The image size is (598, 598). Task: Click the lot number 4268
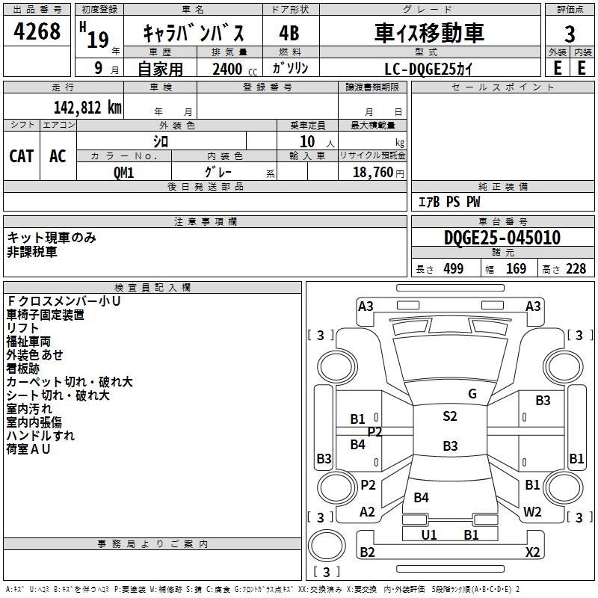point(37,31)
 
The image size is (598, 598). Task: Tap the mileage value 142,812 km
point(87,108)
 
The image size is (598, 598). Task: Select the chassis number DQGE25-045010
point(502,238)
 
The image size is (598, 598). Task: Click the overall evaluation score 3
point(570,34)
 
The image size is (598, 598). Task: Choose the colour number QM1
point(123,173)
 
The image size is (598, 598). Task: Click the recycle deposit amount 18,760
point(372,173)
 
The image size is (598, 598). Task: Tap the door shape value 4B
point(289,33)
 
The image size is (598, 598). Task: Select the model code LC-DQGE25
point(420,69)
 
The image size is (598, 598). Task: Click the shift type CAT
point(22,156)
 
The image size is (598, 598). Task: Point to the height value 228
point(576,268)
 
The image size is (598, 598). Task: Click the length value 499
point(454,268)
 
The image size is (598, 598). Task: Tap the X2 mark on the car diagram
point(532,552)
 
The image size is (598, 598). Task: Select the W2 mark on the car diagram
point(532,511)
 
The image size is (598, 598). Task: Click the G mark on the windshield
point(472,394)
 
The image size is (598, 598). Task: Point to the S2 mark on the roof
point(450,416)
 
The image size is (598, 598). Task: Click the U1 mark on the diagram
point(428,534)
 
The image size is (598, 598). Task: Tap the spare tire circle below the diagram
point(327,546)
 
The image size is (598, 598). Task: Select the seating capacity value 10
point(307,141)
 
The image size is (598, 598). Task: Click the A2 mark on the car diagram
point(367,511)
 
